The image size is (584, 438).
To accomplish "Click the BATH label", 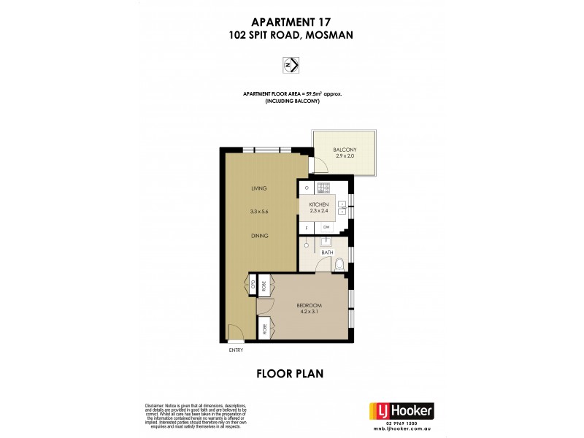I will [x=328, y=253].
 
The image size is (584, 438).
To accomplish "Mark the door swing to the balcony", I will [x=318, y=166].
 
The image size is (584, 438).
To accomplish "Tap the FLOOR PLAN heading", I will [x=291, y=374].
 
